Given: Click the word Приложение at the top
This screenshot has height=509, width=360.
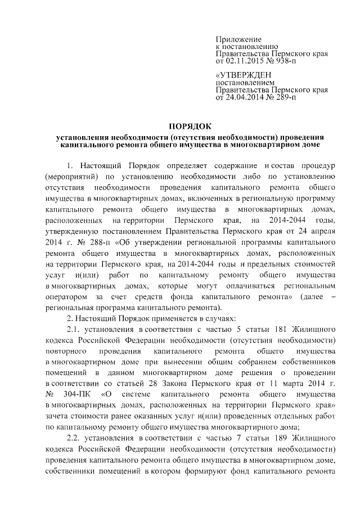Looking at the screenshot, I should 239,39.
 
